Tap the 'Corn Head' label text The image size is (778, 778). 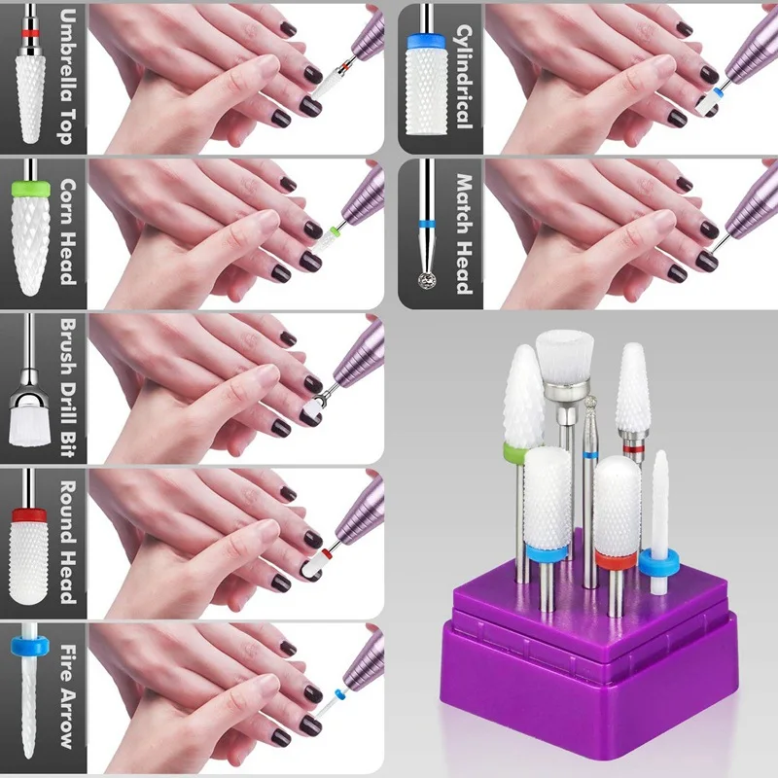(x=65, y=230)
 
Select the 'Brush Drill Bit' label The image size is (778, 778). (x=65, y=387)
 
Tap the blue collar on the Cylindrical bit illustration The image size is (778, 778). (x=424, y=39)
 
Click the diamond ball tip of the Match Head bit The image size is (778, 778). (x=425, y=279)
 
